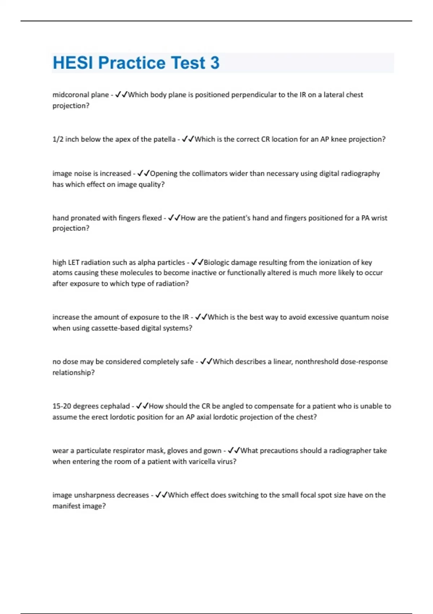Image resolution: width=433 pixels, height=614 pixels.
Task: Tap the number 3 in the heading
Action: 215,63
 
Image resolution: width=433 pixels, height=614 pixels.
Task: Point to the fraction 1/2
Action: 58,139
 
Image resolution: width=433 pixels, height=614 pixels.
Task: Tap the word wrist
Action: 379,218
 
